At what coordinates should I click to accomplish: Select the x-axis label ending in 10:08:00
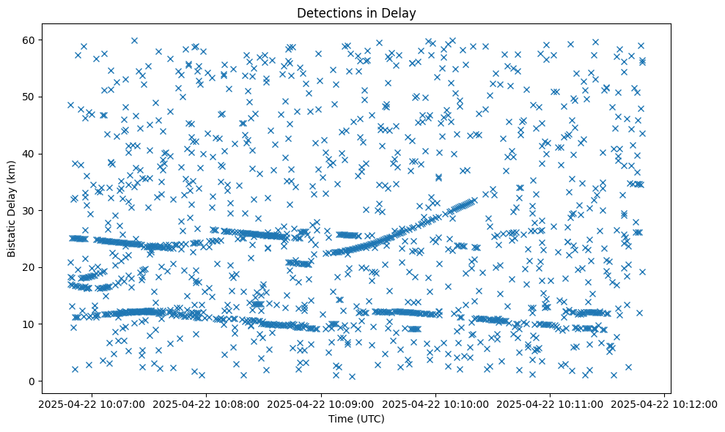click(207, 403)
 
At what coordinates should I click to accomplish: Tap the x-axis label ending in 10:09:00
click(321, 403)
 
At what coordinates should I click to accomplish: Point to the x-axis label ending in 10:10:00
click(436, 403)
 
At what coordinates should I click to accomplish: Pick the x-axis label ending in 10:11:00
click(551, 403)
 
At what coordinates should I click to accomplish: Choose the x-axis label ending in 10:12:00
click(665, 403)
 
